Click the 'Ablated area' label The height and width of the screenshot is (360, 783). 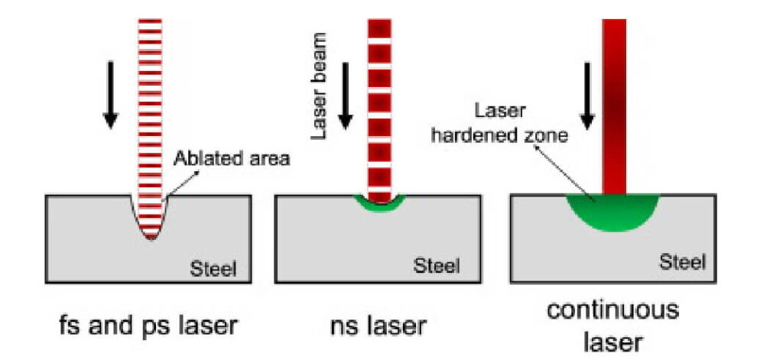tap(232, 159)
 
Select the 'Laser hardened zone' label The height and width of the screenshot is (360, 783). tap(499, 123)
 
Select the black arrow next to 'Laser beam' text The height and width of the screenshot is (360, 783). tap(345, 96)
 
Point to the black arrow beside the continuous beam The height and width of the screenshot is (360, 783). tap(587, 96)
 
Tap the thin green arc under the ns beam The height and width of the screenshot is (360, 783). tap(379, 205)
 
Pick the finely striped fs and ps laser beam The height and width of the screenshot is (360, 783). tap(151, 99)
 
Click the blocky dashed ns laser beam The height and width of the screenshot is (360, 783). tap(379, 99)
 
